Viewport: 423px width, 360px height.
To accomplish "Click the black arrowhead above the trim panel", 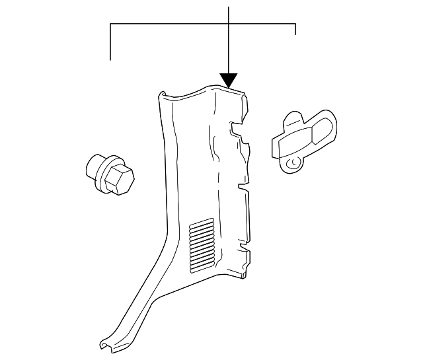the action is tap(229, 80).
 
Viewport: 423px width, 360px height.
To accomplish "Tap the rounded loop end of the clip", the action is tap(326, 127).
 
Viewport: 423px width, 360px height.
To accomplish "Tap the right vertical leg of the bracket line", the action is tap(295, 29).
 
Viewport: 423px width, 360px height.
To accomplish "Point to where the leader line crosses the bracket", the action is tap(229, 24).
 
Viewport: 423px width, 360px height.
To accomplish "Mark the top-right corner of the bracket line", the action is tap(295, 24).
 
